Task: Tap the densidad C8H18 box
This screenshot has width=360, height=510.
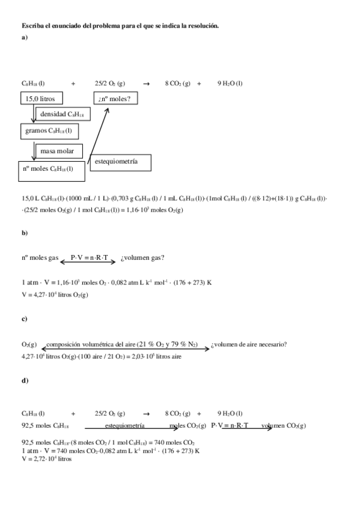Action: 62,114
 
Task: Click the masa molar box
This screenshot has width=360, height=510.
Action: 58,151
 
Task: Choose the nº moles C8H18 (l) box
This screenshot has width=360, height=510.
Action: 52,170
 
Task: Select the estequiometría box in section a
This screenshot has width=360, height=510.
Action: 119,162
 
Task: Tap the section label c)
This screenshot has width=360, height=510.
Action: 25,319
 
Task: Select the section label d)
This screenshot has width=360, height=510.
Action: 25,381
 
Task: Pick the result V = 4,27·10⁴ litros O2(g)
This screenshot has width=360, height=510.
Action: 55,295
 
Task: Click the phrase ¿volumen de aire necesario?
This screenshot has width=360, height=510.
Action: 248,344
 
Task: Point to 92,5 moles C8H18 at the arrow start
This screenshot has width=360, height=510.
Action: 40,425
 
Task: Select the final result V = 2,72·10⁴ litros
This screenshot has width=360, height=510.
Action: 46,458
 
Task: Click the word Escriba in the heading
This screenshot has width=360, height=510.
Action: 32,26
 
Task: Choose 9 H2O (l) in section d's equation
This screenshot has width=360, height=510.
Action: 230,413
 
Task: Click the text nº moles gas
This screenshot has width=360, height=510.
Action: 40,258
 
